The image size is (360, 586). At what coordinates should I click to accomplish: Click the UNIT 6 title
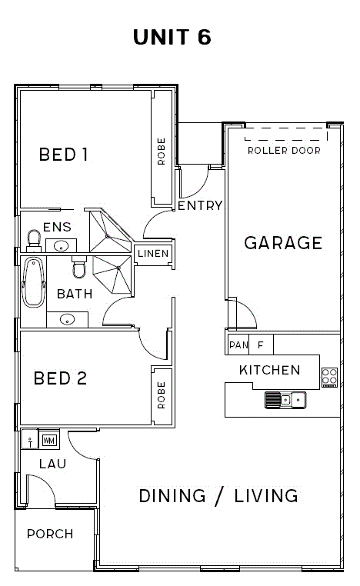pos(172,37)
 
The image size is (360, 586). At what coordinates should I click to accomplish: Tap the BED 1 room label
pos(64,155)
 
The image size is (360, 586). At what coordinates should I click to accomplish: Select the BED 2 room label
pos(60,378)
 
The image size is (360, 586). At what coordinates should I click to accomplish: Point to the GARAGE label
pos(283,243)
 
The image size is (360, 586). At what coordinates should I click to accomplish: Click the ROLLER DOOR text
pos(284,151)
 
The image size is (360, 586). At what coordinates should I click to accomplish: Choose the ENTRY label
pos(200,205)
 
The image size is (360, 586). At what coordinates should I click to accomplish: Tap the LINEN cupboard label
pos(153,253)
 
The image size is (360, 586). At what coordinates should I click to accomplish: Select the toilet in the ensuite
pos(34,240)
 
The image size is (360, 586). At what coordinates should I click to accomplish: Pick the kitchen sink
pos(285,400)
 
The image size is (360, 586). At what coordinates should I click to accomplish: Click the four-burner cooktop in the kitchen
pos(330,377)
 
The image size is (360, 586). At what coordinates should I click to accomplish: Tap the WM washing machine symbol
pos(49,440)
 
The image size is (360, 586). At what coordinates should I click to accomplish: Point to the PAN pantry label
pos(238,345)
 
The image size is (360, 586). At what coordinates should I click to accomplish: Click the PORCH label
pos(50,534)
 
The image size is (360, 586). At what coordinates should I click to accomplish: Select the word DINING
pos(172,496)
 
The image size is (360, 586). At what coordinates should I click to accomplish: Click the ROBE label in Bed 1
pos(161,151)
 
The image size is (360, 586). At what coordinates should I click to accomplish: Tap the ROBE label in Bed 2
pos(161,395)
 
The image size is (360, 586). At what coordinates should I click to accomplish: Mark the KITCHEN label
pos(269,370)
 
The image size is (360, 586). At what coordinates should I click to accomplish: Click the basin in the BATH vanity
pos(67,320)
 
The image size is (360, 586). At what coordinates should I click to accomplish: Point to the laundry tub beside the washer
pos(29,439)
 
